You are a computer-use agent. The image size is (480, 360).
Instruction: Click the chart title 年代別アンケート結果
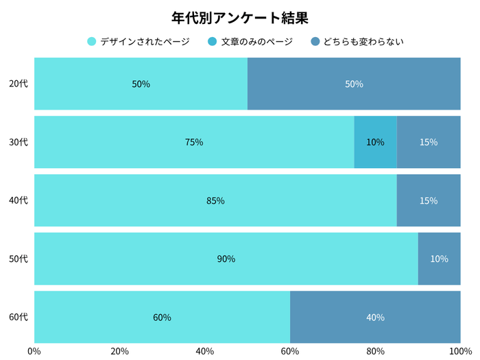[239, 17]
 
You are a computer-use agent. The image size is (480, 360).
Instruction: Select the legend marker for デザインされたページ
[92, 42]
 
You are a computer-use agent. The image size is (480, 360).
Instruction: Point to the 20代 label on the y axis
[19, 84]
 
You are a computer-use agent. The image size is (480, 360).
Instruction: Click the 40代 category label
[19, 201]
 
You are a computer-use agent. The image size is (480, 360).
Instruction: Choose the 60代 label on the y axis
[19, 317]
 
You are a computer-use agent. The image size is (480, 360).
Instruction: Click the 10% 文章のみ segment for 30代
[375, 143]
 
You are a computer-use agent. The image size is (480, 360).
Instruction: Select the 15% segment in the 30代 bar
[429, 143]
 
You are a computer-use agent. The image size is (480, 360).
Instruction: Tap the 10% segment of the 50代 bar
[439, 259]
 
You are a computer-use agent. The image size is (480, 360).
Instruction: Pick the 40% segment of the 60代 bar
[375, 317]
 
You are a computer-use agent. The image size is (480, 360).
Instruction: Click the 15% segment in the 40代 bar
[429, 201]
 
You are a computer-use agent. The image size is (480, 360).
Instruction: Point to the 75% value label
[194, 143]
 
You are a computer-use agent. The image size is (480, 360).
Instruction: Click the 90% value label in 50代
[226, 259]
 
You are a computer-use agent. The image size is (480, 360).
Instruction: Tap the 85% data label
[215, 201]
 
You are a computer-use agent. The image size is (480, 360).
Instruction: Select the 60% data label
[163, 317]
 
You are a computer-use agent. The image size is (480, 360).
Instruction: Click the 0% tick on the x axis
[34, 352]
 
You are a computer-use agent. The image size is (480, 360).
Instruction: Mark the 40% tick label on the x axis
[204, 352]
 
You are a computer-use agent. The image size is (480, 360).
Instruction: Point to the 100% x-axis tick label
[459, 352]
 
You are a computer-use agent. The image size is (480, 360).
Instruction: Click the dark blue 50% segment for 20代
[354, 84]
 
